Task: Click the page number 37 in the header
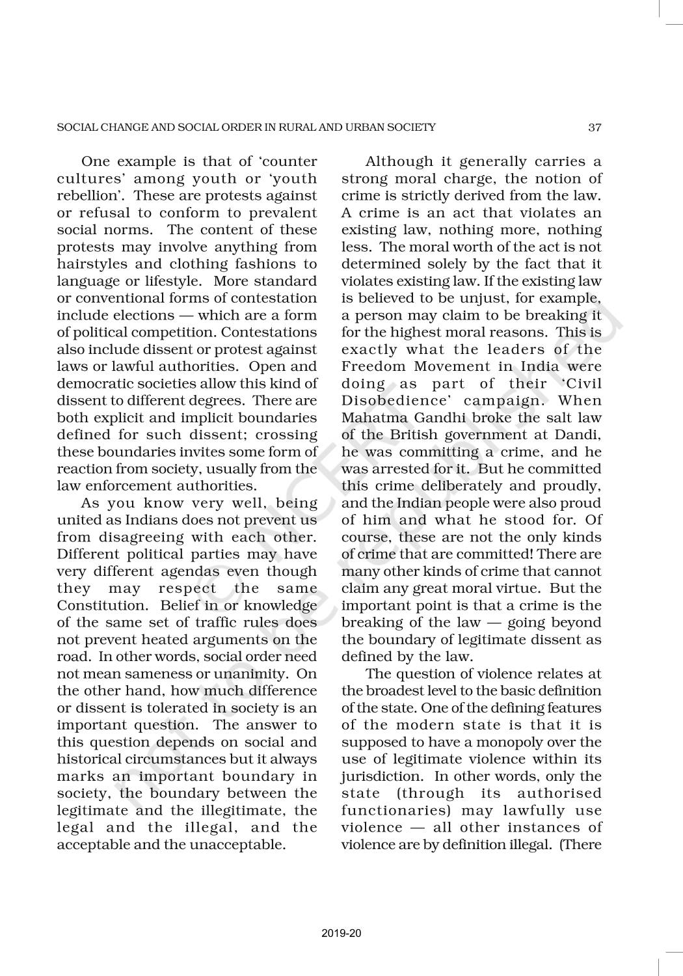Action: tap(595, 128)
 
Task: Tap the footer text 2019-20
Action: tap(341, 934)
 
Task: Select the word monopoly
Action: tap(494, 742)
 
